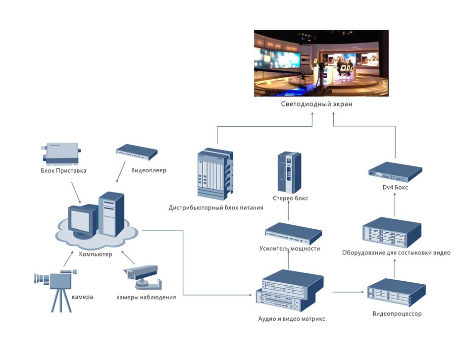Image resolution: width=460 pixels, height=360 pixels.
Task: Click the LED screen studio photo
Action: click(321, 63)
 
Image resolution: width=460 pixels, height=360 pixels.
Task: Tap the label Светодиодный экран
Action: click(316, 104)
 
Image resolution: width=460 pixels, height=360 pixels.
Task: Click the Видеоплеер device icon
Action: click(137, 152)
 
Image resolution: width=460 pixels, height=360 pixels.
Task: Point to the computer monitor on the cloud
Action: click(82, 220)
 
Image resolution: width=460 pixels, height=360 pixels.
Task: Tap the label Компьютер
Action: click(95, 255)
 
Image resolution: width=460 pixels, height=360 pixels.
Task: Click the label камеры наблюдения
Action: click(146, 297)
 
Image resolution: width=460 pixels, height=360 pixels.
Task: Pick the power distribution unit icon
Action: click(215, 174)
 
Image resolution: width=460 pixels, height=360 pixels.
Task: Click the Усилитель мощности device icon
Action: click(293, 233)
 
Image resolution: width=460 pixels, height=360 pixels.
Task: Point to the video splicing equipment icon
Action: click(392, 232)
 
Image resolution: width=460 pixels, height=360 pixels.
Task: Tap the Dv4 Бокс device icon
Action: click(395, 170)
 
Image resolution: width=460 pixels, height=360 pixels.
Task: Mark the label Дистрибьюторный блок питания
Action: click(216, 208)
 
